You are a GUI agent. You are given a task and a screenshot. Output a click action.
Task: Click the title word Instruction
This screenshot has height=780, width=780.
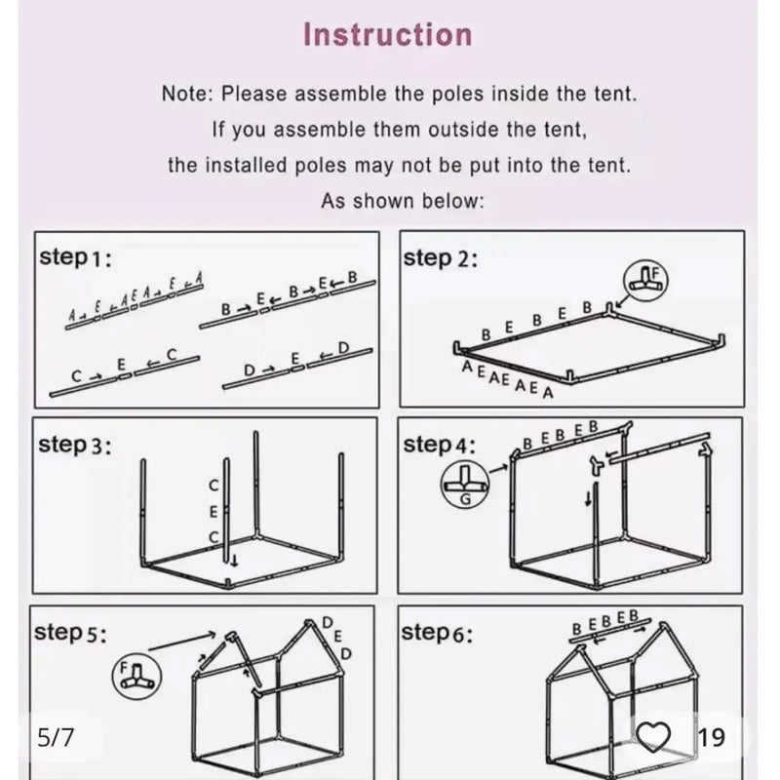387,35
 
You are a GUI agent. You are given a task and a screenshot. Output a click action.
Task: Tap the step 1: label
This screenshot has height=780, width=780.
76,258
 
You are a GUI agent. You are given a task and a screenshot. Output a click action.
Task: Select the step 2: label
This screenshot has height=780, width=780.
440,259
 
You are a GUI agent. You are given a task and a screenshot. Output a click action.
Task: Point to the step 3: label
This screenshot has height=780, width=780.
75,446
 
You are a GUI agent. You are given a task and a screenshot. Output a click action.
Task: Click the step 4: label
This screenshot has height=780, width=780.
440,446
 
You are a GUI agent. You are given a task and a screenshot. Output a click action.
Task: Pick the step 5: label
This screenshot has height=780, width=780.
70,633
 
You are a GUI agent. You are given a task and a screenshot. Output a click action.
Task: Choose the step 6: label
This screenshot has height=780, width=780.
437,633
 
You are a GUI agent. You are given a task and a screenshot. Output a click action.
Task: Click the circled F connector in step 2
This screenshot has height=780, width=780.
645,279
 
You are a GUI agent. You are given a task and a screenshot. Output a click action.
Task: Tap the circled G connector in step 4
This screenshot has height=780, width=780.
465,485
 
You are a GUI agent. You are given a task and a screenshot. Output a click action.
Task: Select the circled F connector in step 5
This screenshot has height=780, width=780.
136,676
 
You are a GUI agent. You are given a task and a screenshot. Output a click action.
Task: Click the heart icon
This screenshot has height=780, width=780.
653,737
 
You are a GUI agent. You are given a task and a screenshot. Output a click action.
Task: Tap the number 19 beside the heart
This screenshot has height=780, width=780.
712,738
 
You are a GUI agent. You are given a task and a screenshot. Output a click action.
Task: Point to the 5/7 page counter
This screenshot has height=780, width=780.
56,737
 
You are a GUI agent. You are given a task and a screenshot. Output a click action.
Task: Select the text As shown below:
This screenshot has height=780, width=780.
402,201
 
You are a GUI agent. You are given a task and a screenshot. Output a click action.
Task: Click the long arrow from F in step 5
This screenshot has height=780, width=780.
181,642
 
